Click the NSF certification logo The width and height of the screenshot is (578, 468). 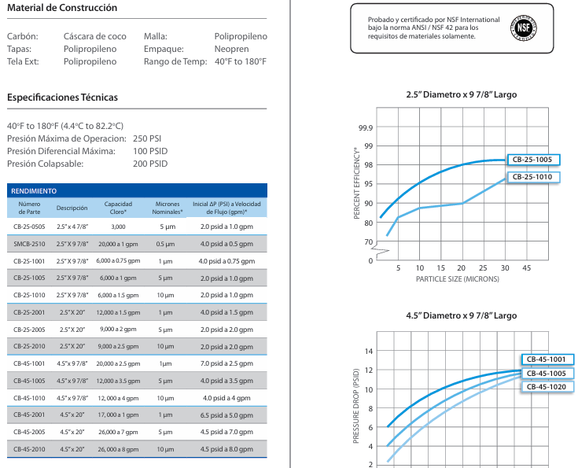(524, 28)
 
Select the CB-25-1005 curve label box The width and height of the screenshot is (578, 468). (533, 160)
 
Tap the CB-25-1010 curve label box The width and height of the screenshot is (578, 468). (533, 177)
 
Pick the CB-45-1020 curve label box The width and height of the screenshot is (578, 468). (547, 387)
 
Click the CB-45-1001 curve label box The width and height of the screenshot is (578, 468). (547, 359)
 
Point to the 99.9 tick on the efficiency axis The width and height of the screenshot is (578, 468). (366, 128)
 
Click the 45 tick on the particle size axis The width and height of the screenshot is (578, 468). (526, 268)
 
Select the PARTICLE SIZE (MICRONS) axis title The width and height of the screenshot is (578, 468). (458, 279)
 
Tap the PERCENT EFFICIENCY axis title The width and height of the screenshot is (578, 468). (356, 183)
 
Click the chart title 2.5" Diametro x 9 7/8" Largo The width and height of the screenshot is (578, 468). (461, 95)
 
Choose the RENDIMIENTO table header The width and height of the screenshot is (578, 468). (34, 191)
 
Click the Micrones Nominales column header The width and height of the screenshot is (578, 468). (168, 208)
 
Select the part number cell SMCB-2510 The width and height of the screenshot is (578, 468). (30, 244)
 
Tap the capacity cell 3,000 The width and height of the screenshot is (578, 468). (118, 227)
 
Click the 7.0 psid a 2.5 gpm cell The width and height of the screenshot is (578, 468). (226, 363)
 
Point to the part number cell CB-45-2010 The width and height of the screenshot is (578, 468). (30, 449)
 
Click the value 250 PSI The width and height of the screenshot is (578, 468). (147, 138)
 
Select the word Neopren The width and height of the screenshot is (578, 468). (231, 49)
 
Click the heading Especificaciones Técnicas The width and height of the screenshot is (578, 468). (62, 98)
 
